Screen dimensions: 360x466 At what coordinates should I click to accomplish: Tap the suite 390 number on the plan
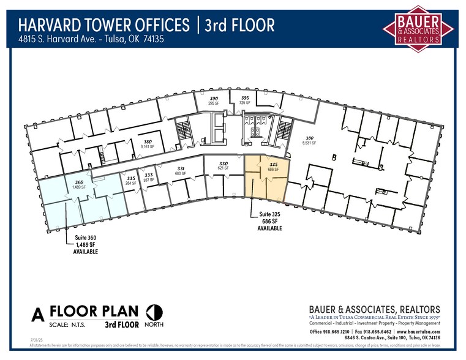[214, 99]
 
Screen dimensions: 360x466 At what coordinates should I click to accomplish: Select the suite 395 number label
[245, 98]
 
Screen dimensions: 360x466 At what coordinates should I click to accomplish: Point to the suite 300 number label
[309, 138]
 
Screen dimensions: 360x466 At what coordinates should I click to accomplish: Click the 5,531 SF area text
[309, 143]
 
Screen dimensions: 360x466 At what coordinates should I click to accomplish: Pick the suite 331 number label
[181, 168]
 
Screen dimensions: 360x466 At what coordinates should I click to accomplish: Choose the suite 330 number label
[224, 163]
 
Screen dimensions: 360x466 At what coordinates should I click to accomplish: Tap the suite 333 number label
[149, 174]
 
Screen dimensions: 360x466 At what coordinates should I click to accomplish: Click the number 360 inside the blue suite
[79, 182]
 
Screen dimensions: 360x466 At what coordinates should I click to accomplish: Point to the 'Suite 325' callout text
[265, 215]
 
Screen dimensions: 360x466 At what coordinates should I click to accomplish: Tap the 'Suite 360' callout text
[85, 238]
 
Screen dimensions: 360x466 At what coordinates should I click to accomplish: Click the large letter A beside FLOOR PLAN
[38, 315]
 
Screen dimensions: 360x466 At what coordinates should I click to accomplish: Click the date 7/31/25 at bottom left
[36, 339]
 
